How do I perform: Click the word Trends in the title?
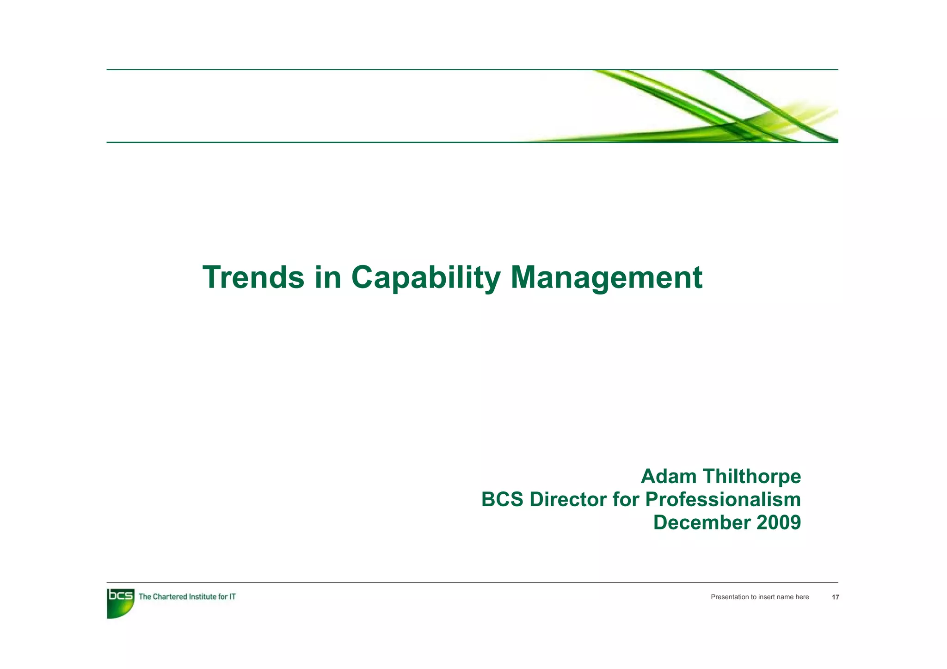click(x=253, y=277)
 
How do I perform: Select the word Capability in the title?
click(x=425, y=277)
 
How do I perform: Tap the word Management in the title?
click(x=606, y=277)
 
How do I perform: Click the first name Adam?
click(x=668, y=477)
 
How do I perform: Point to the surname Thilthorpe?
click(x=751, y=477)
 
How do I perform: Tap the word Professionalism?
click(x=723, y=500)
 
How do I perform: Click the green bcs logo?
click(x=120, y=602)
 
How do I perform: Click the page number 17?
click(x=835, y=597)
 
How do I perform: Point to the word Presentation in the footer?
click(x=729, y=597)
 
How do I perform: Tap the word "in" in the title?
click(x=328, y=277)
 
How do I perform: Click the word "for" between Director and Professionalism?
click(x=627, y=500)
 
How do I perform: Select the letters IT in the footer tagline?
click(x=233, y=597)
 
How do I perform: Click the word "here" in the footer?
click(x=802, y=597)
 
